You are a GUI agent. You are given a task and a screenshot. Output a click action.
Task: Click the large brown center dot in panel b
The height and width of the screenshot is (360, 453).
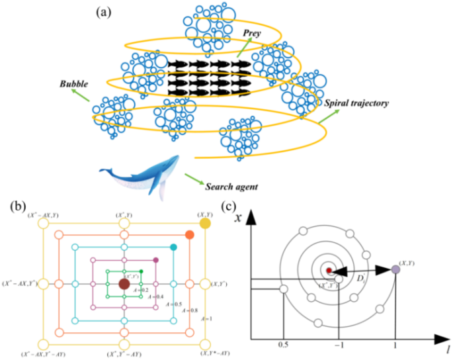coord(124,284)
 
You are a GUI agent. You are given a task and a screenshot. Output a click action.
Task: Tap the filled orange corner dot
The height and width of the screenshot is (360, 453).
coord(190,235)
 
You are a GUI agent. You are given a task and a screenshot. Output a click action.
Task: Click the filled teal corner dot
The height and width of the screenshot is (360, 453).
coord(173,247)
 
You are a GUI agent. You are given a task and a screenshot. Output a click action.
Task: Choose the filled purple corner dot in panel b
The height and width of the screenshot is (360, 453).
coord(156,260)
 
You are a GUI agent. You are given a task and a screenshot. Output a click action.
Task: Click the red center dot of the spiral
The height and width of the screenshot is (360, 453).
coord(329,270)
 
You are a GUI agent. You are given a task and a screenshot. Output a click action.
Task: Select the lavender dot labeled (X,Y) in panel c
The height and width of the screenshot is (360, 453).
coord(395,269)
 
